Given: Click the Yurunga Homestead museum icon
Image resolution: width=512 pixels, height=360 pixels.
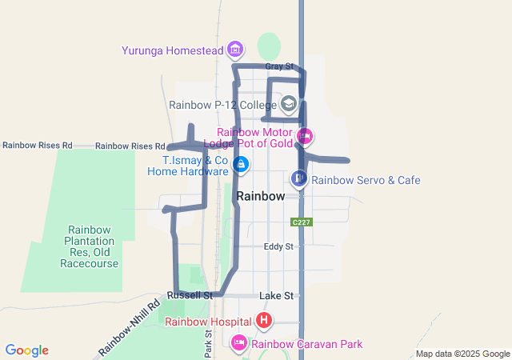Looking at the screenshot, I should click(x=234, y=50).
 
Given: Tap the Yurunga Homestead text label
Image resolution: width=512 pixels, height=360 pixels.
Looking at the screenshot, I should click(x=172, y=50).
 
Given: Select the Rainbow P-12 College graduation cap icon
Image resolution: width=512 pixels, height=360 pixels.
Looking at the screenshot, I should click(x=288, y=103).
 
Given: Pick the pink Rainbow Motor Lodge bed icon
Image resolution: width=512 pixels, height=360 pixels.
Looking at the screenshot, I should click(x=304, y=135).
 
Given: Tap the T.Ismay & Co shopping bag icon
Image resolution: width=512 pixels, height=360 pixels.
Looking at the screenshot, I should click(x=241, y=165).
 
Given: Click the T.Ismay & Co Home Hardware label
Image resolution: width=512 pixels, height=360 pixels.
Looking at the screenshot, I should click(x=189, y=166).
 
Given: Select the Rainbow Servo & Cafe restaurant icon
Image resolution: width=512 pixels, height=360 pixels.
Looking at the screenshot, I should click(x=298, y=178).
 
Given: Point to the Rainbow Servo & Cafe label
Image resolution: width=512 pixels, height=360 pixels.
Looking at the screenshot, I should click(x=366, y=180).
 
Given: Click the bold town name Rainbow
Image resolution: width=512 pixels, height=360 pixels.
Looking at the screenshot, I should click(x=261, y=195).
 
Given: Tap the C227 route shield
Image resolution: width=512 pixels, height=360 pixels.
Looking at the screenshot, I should click(x=301, y=222).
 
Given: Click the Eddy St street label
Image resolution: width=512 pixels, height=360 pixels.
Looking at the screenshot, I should click(x=278, y=246).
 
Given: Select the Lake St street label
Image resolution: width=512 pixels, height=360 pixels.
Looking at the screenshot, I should click(x=277, y=296).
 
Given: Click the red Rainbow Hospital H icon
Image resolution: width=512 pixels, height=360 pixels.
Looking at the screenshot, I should click(x=264, y=322).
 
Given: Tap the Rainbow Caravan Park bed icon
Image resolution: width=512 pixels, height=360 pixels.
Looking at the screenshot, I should click(x=238, y=343).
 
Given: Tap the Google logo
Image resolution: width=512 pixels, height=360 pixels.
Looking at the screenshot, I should click(x=27, y=350).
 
